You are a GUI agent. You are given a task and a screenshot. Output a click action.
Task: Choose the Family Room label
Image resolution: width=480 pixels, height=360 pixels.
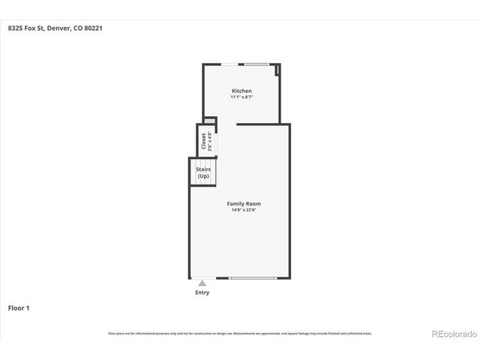tap(244, 203)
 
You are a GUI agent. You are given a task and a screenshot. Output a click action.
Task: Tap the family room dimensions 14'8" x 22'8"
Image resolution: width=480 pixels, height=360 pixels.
tap(244, 210)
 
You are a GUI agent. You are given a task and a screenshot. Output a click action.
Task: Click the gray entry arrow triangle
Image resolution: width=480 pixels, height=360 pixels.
tap(202, 283)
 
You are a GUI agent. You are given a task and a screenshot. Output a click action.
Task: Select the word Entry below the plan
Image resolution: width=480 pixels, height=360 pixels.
tap(202, 292)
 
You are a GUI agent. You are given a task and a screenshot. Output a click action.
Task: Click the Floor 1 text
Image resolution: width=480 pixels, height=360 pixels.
tap(19, 307)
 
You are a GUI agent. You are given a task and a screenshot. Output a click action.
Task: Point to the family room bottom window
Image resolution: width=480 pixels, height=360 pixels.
tap(253, 278)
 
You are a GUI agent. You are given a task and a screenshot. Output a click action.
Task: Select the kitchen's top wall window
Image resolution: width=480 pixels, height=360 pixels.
tap(256, 64)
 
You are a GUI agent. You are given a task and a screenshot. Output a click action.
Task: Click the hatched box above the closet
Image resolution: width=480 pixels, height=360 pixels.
tap(210, 120)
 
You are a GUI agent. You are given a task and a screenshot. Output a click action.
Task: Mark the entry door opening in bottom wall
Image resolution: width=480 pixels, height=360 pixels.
tap(202, 278)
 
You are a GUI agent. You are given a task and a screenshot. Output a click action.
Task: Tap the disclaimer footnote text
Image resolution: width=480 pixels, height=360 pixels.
tap(240, 333)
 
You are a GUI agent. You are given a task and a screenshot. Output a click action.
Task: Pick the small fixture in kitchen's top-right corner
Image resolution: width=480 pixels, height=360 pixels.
tap(277, 70)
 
